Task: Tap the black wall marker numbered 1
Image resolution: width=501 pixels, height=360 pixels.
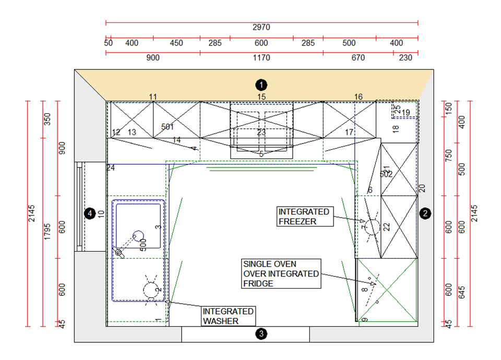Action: (x=261, y=84)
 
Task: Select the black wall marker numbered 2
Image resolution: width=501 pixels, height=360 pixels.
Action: (x=425, y=213)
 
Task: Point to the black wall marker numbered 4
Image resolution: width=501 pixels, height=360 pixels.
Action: (x=89, y=213)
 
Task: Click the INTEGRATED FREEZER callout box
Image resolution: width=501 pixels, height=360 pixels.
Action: (x=304, y=217)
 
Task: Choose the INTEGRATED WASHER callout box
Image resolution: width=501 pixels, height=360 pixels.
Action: (x=229, y=316)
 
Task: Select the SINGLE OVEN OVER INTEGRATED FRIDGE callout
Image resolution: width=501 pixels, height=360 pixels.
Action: (x=281, y=274)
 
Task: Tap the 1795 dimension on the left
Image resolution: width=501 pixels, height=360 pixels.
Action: (x=46, y=214)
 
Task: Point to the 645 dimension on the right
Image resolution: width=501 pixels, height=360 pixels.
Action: (x=461, y=292)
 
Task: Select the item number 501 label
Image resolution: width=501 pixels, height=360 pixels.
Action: (x=168, y=127)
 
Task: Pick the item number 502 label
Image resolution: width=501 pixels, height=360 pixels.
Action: (x=386, y=174)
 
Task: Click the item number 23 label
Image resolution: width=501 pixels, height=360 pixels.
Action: (x=261, y=133)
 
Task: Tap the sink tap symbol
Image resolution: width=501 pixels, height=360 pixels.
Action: (x=120, y=253)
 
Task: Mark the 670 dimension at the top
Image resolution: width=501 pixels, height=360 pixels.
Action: (x=358, y=58)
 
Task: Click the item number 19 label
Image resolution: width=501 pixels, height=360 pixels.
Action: (x=405, y=113)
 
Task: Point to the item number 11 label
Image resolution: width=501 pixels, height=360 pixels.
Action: (x=153, y=97)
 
